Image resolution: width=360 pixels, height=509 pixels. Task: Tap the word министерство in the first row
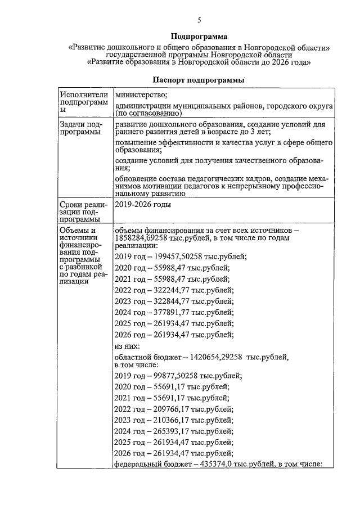(x=141, y=94)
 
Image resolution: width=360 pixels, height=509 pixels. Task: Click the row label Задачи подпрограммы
(x=80, y=128)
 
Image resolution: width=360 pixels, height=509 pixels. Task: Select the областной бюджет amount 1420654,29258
(x=211, y=357)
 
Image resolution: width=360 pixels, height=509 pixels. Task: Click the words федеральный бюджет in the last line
(x=151, y=465)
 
